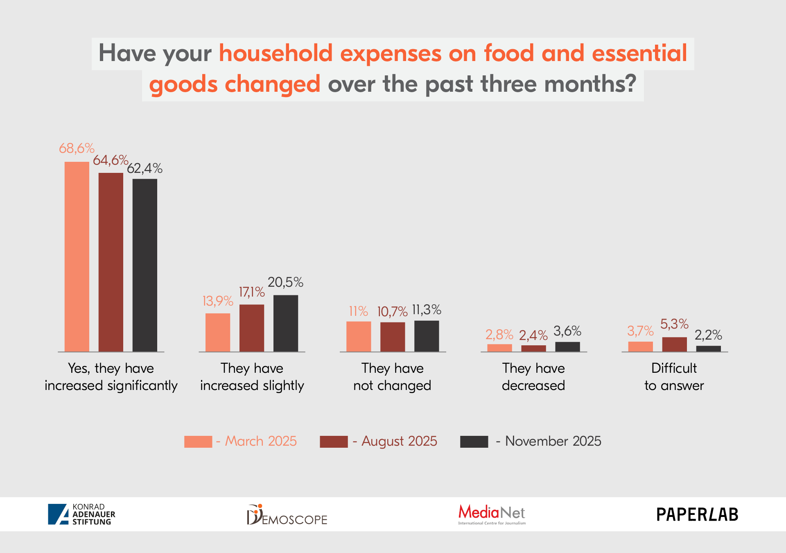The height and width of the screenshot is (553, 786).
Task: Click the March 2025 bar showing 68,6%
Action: tap(77, 256)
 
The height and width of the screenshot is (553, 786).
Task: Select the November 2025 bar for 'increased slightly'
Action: tap(285, 323)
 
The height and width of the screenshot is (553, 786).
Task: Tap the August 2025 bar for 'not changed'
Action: tap(392, 337)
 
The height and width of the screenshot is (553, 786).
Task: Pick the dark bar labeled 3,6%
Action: tap(567, 347)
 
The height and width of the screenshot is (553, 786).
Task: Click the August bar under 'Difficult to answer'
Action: tap(674, 344)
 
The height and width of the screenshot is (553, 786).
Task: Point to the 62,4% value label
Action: tap(145, 168)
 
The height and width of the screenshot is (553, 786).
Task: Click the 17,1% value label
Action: tap(251, 292)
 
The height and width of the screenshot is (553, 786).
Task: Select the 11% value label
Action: tap(358, 311)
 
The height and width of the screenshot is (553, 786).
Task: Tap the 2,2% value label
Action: tap(708, 335)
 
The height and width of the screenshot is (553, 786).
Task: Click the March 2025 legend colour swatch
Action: tap(198, 442)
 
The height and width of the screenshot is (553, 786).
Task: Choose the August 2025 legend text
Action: tap(399, 441)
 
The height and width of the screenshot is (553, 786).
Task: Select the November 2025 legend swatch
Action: tap(474, 442)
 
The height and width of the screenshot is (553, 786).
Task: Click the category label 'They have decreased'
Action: tap(533, 377)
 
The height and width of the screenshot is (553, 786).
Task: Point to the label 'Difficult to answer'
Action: tap(674, 377)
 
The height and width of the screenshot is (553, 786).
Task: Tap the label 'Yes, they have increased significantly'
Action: tap(111, 377)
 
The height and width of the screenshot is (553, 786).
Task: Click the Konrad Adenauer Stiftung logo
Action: tap(81, 514)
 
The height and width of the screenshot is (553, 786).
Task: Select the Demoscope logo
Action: tap(287, 515)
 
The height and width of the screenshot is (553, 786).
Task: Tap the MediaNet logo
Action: tap(492, 514)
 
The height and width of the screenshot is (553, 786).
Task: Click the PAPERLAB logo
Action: tap(697, 514)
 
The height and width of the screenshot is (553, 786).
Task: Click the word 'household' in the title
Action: tap(276, 53)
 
